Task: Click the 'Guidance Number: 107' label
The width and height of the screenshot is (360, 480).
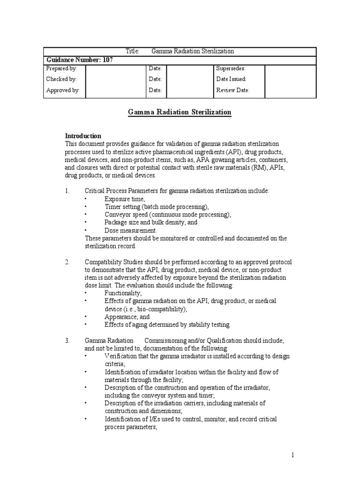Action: pyautogui.click(x=79, y=60)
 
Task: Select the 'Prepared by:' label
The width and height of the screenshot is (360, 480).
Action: pyautogui.click(x=61, y=68)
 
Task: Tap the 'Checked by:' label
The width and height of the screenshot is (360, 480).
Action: pyautogui.click(x=61, y=79)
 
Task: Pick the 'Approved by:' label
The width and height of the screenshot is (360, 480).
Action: pyautogui.click(x=62, y=90)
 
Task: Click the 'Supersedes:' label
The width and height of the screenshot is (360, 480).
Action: pyautogui.click(x=231, y=68)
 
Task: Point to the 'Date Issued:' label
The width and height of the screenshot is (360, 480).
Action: pyautogui.click(x=231, y=79)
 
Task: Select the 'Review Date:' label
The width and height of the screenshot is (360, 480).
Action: pyautogui.click(x=232, y=90)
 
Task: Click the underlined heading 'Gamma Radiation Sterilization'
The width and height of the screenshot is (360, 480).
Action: pyautogui.click(x=180, y=112)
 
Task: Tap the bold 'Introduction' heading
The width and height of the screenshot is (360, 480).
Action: pyautogui.click(x=83, y=136)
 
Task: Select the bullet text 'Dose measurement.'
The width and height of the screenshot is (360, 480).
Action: pyautogui.click(x=131, y=231)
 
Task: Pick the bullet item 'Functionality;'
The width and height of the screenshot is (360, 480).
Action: pyautogui.click(x=123, y=292)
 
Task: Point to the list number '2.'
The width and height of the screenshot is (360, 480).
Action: pyautogui.click(x=67, y=262)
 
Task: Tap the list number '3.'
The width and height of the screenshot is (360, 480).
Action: pyautogui.click(x=67, y=340)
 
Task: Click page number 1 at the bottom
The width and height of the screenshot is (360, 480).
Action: pyautogui.click(x=292, y=455)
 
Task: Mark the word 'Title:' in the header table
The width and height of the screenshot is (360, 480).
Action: pyautogui.click(x=133, y=51)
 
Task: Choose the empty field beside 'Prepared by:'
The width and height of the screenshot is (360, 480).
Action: pyautogui.click(x=115, y=68)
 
